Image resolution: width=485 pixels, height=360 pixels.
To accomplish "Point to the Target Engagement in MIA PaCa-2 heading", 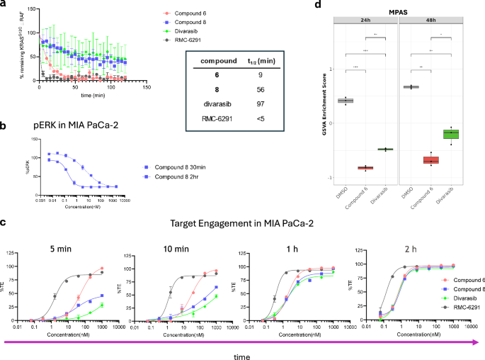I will pyautogui.click(x=241, y=222).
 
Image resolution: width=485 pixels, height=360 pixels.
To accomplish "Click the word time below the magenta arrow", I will pyautogui.click(x=241, y=351).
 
